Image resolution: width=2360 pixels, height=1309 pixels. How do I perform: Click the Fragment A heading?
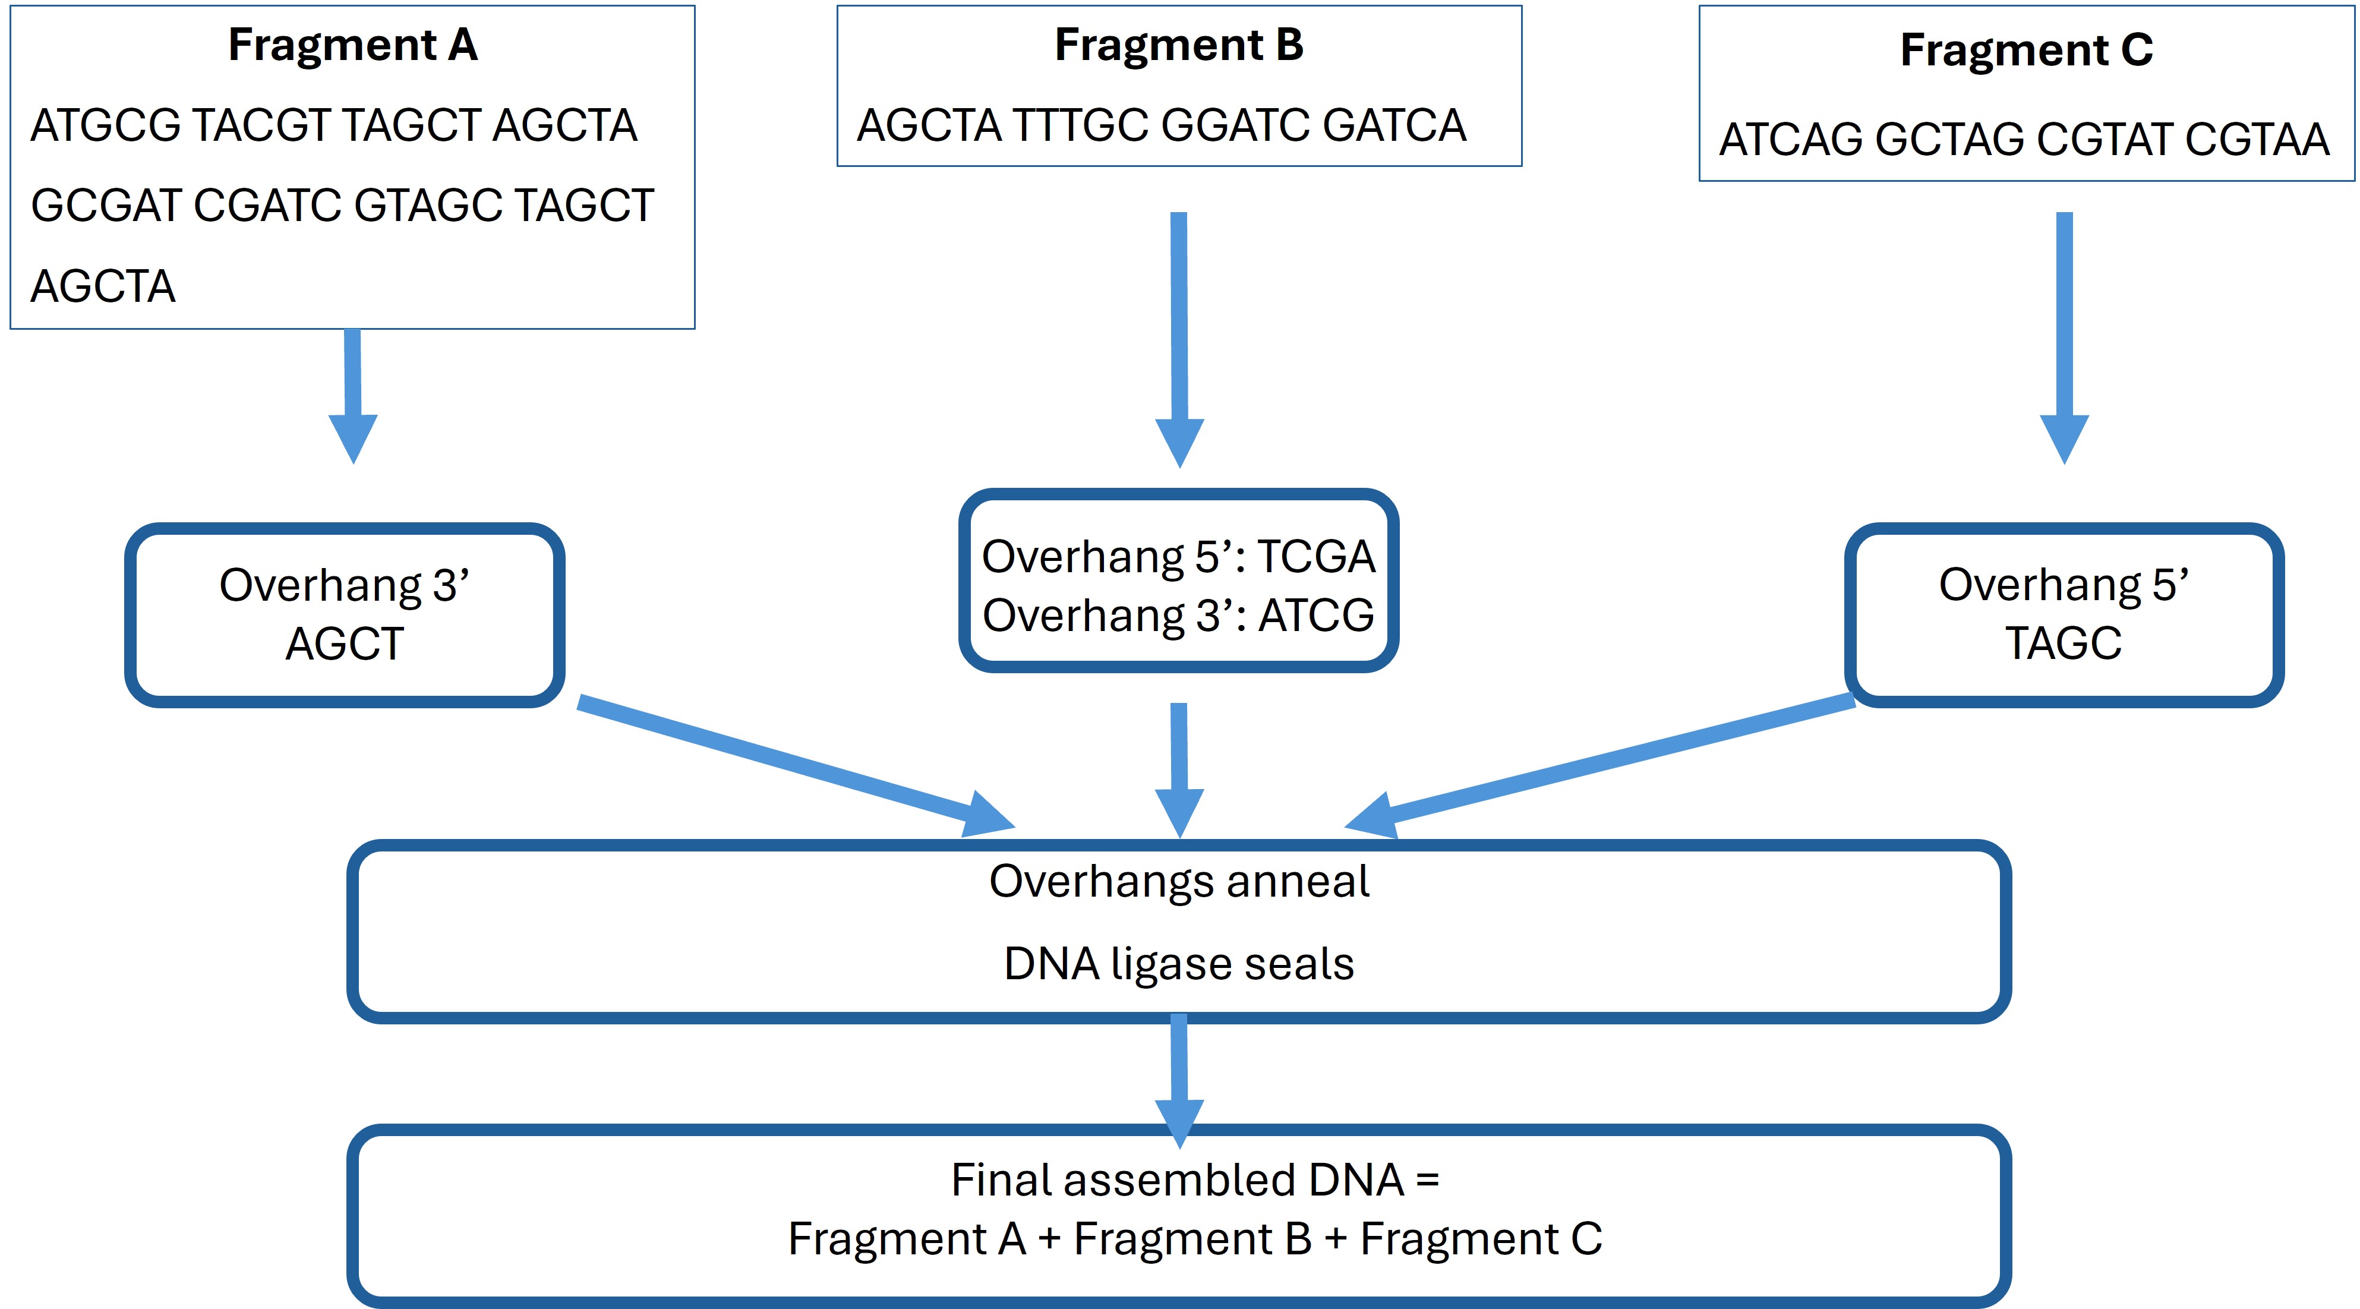[x=353, y=45]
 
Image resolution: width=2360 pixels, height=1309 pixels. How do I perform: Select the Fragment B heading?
[x=1179, y=45]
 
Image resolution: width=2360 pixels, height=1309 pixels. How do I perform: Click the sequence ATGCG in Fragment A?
[x=105, y=125]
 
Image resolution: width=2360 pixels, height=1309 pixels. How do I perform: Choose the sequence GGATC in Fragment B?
[x=1235, y=125]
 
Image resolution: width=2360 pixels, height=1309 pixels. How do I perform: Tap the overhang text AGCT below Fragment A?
[x=345, y=644]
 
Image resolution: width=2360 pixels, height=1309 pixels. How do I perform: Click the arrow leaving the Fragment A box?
[x=353, y=394]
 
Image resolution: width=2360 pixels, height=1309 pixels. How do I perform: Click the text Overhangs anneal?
[x=1179, y=881]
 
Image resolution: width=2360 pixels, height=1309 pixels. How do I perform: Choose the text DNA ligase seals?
[x=1179, y=964]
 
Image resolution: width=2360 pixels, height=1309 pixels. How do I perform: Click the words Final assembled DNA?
[x=1177, y=1180]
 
